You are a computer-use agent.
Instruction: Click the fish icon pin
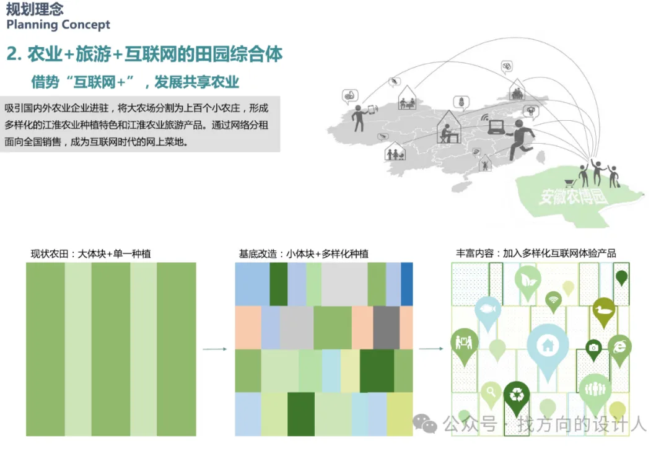pos(488,309)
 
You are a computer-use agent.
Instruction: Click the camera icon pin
pos(593,348)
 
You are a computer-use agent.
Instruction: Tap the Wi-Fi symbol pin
pos(553,300)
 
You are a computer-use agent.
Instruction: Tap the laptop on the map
pos(497,126)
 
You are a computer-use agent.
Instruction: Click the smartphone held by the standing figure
pos(372,110)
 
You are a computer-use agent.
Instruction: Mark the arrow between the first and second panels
pos(215,349)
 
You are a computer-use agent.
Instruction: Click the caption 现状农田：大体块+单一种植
pos(91,253)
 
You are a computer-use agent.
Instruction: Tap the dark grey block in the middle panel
pos(386,327)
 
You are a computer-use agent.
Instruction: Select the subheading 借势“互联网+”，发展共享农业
pos(135,82)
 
